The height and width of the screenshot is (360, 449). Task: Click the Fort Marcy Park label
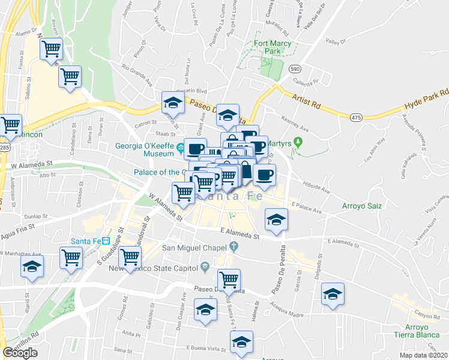[272, 47]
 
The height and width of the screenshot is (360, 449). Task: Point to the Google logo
[20, 353]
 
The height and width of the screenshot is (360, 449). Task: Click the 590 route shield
[294, 70]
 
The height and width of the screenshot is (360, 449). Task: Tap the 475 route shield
[357, 116]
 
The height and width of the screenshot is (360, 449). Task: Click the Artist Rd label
[306, 100]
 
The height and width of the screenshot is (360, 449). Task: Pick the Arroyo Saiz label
[362, 206]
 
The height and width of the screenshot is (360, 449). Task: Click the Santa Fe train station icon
[106, 241]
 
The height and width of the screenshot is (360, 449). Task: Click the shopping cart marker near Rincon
[10, 125]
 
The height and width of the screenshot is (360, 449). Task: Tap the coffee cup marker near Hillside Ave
[264, 175]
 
